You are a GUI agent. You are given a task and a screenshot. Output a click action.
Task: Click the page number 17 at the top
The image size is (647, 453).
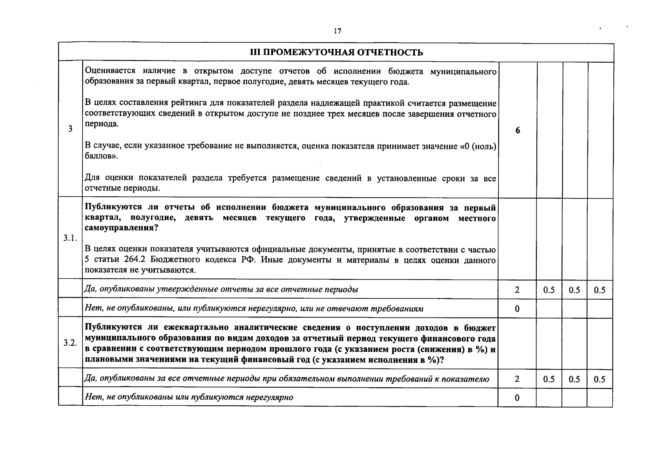click(x=337, y=31)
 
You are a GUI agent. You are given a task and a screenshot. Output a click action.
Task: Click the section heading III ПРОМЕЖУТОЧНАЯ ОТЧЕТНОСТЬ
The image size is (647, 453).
click(x=337, y=52)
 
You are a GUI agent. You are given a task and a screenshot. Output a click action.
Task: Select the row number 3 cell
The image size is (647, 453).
click(x=70, y=129)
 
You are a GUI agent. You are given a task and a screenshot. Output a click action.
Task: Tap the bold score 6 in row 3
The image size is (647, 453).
click(x=518, y=130)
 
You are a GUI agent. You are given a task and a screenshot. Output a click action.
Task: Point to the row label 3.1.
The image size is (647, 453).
click(x=70, y=238)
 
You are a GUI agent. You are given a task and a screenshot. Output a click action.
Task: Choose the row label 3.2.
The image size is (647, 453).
click(x=70, y=343)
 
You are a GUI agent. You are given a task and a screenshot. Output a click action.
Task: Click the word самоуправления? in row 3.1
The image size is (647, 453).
click(x=121, y=228)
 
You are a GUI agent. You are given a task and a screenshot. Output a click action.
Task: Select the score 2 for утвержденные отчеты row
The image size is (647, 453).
click(x=517, y=290)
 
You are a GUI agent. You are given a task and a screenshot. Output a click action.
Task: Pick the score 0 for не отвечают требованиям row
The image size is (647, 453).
click(x=517, y=309)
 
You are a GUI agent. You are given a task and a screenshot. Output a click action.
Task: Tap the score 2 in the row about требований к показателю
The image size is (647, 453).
click(x=517, y=379)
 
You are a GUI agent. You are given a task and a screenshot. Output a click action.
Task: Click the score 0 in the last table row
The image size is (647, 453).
click(x=517, y=398)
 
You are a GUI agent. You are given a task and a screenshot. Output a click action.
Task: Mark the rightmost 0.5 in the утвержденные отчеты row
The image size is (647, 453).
click(x=599, y=290)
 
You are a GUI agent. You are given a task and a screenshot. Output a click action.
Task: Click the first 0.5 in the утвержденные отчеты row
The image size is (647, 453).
click(x=549, y=290)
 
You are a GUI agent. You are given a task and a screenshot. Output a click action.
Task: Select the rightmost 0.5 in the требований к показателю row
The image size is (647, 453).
click(x=599, y=379)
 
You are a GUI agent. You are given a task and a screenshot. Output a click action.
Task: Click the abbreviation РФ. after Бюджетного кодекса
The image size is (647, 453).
click(x=248, y=260)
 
